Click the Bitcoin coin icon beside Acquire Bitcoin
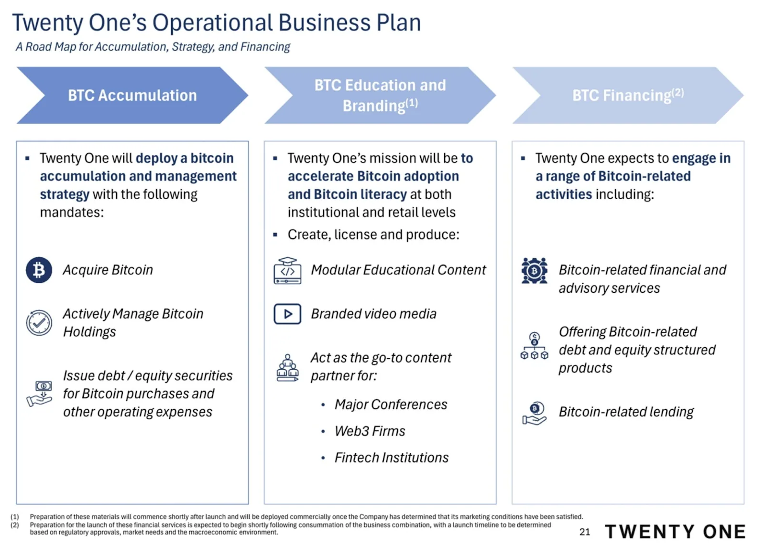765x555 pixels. coord(39,270)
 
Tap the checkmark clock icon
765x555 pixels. coord(39,323)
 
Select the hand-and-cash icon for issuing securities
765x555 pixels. coord(40,394)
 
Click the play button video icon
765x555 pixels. coord(287,314)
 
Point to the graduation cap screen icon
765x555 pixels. coord(287,271)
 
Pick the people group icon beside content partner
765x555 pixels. coord(287,368)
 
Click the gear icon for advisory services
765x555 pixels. coord(535,271)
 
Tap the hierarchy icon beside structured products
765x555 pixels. coord(535,346)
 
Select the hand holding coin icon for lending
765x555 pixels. coord(535,414)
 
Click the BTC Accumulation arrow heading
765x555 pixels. coord(132,95)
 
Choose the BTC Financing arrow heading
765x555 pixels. coord(628,95)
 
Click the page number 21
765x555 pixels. coord(585,532)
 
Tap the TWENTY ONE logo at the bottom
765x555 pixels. coord(675,532)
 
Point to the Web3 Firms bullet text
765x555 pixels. coord(370,431)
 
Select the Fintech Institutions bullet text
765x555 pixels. coord(392,458)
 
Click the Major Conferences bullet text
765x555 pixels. coord(391,405)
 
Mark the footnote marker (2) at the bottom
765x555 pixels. coord(15,525)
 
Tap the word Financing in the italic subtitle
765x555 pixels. coord(265,47)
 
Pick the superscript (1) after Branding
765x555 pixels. coord(412,103)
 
